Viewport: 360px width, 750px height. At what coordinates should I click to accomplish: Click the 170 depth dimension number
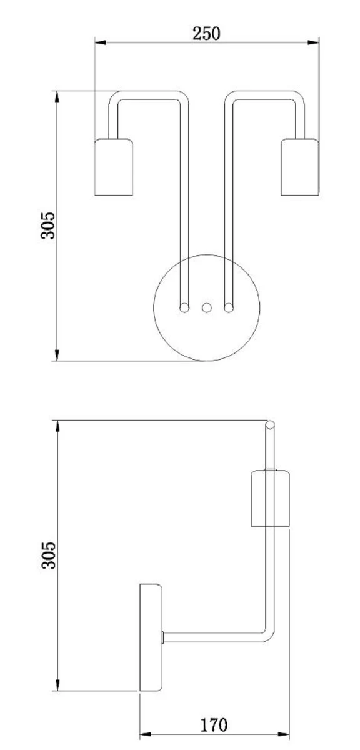tap(214, 725)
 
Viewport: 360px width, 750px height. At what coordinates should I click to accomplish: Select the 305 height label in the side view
tap(48, 555)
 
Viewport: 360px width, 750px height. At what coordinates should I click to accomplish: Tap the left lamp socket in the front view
tap(113, 167)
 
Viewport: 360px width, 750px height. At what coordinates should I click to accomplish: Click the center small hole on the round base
tap(206, 307)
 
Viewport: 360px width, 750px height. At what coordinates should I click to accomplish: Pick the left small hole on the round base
tap(184, 307)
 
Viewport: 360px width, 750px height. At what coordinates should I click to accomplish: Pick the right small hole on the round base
tap(229, 307)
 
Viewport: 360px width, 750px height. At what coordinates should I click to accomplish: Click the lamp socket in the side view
tap(270, 498)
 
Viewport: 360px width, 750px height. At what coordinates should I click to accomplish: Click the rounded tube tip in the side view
tap(269, 426)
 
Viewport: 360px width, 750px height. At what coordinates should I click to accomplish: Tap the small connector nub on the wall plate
tap(163, 637)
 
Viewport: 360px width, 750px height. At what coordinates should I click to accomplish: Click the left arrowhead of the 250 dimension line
tap(99, 42)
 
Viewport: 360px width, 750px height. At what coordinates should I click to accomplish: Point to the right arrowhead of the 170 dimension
tap(286, 736)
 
